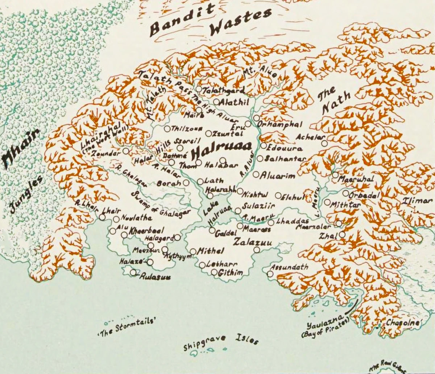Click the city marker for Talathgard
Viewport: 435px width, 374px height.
click(199, 89)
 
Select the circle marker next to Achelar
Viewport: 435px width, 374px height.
click(324, 143)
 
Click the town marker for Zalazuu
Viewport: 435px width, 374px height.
click(257, 250)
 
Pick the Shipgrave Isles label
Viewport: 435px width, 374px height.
click(221, 341)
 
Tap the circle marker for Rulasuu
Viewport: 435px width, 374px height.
click(133, 272)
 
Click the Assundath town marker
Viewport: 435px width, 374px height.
click(270, 274)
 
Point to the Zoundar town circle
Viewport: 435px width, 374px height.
click(126, 151)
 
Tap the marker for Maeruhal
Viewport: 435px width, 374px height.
click(335, 175)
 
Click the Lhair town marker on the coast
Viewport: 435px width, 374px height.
click(102, 217)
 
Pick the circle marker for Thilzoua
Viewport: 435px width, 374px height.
click(167, 128)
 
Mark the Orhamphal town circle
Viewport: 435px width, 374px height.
click(256, 118)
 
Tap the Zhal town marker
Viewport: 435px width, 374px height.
click(342, 235)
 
